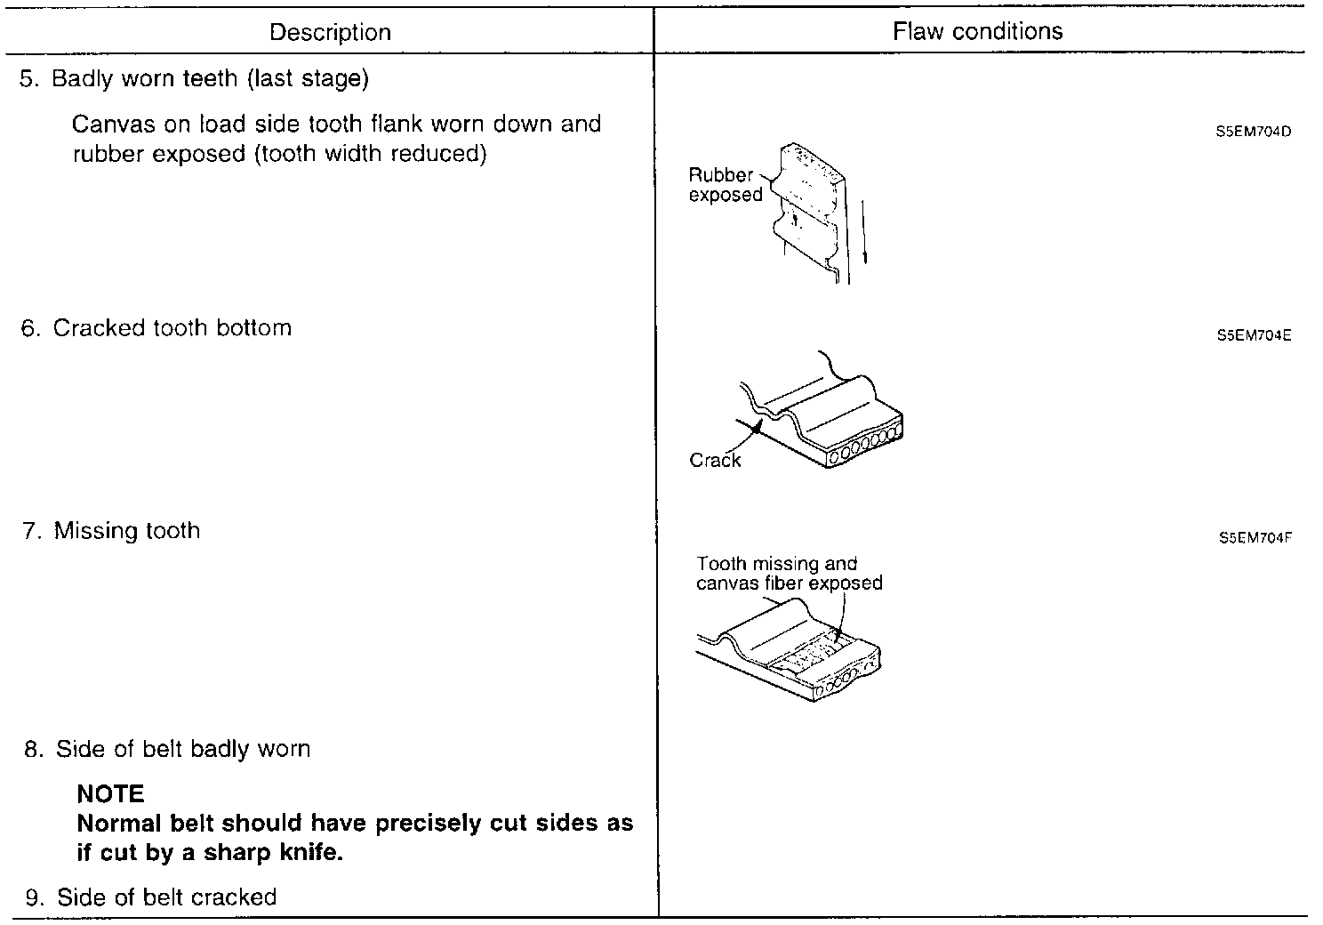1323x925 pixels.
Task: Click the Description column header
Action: pos(330,33)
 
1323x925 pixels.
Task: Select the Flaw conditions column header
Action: pos(977,32)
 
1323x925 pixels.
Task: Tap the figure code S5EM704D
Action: pos(1253,133)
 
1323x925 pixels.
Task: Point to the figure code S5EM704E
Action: pos(1253,336)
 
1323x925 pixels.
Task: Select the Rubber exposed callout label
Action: pos(725,185)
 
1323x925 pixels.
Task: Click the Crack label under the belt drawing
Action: pos(715,460)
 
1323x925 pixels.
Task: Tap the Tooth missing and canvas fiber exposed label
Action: pos(789,574)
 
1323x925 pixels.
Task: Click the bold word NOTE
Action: pos(110,793)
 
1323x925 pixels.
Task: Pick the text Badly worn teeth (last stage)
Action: pos(210,79)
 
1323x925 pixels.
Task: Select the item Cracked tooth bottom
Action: pos(172,328)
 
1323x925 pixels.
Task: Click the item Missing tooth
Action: pos(126,531)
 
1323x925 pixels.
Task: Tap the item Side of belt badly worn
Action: pos(183,749)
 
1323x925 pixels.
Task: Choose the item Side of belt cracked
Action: pos(166,897)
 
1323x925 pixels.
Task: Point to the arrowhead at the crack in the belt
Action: pos(757,428)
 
